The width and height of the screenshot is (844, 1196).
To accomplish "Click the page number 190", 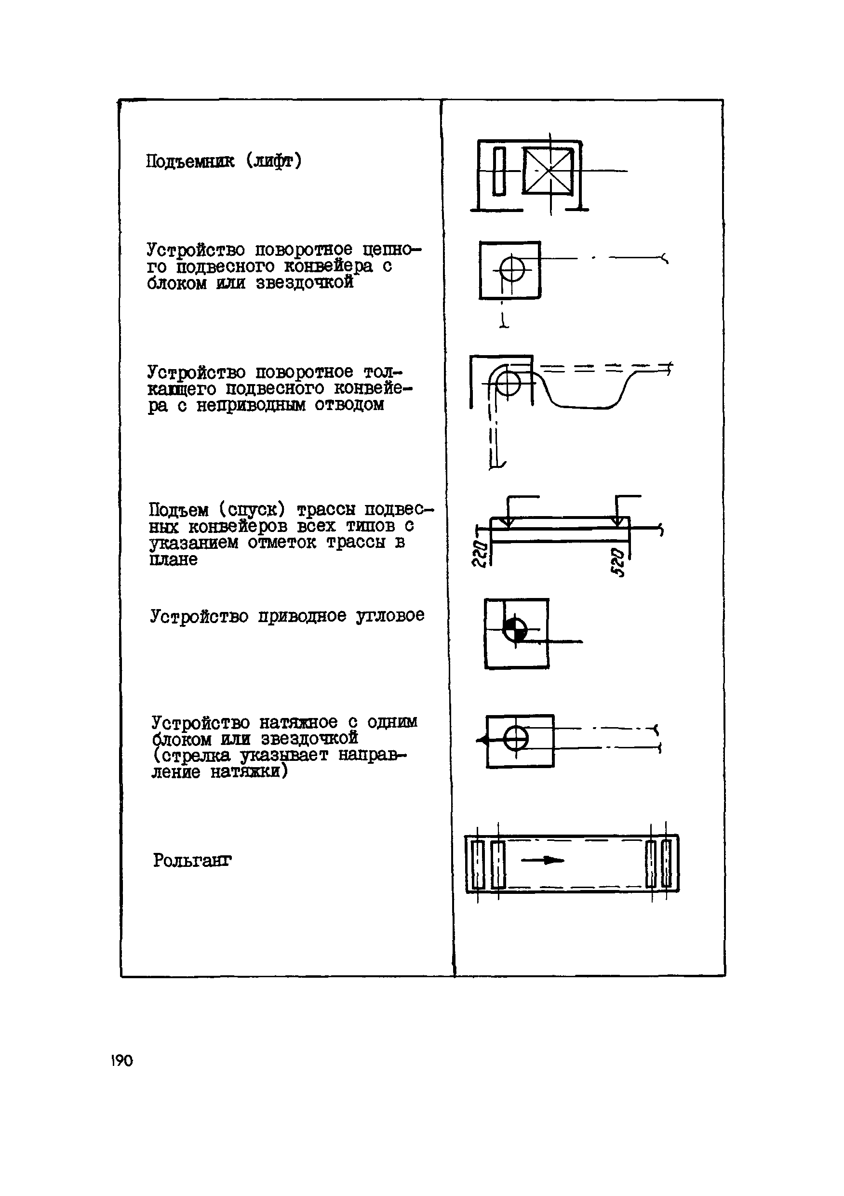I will click(x=122, y=1061).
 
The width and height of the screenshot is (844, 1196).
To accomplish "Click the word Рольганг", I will click(x=192, y=860).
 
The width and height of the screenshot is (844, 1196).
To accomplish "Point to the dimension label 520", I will click(x=617, y=562).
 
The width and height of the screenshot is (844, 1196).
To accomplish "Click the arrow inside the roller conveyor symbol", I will click(x=542, y=861).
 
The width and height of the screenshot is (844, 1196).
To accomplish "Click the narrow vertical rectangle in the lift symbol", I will click(x=498, y=172).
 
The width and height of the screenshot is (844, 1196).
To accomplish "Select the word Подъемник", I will click(x=190, y=161).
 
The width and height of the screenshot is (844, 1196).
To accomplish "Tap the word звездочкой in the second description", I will click(x=305, y=283).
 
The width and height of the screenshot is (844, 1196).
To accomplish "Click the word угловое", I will click(x=390, y=616).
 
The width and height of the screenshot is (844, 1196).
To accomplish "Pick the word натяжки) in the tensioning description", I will click(x=249, y=771).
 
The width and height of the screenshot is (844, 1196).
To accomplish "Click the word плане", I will click(x=174, y=559).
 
